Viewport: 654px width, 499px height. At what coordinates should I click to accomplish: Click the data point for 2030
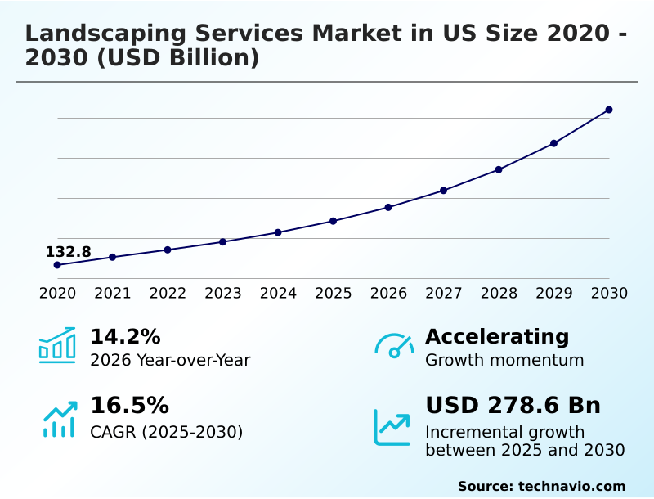tap(609, 110)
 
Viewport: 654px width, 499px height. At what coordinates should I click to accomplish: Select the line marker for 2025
tap(334, 221)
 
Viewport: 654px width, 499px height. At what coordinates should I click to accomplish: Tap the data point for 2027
tap(443, 191)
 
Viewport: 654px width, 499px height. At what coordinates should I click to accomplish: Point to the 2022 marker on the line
tap(168, 249)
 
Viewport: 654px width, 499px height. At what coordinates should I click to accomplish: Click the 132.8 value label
tap(68, 252)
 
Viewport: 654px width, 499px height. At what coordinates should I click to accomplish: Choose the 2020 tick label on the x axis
tap(57, 294)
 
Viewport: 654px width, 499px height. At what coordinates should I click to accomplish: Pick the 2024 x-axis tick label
tap(278, 294)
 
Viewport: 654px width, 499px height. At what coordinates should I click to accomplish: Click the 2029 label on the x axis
tap(553, 294)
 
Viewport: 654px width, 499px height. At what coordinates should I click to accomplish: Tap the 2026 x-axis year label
tap(388, 294)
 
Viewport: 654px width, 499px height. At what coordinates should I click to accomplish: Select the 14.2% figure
tap(125, 337)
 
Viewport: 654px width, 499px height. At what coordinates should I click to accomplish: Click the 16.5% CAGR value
tap(129, 406)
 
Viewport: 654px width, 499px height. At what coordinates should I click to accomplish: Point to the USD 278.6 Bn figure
tap(513, 406)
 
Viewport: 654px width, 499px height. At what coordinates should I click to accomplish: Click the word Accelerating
tap(497, 337)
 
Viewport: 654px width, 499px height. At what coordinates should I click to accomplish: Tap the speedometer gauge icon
tap(393, 346)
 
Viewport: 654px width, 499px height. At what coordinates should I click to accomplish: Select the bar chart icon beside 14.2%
tap(57, 346)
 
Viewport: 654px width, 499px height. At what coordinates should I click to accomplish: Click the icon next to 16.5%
tap(59, 419)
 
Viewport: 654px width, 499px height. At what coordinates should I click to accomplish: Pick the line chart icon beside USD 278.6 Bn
tap(392, 426)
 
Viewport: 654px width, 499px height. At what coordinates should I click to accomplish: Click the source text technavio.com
tap(571, 486)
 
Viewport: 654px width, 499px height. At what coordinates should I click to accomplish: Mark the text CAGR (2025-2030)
tap(166, 432)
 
